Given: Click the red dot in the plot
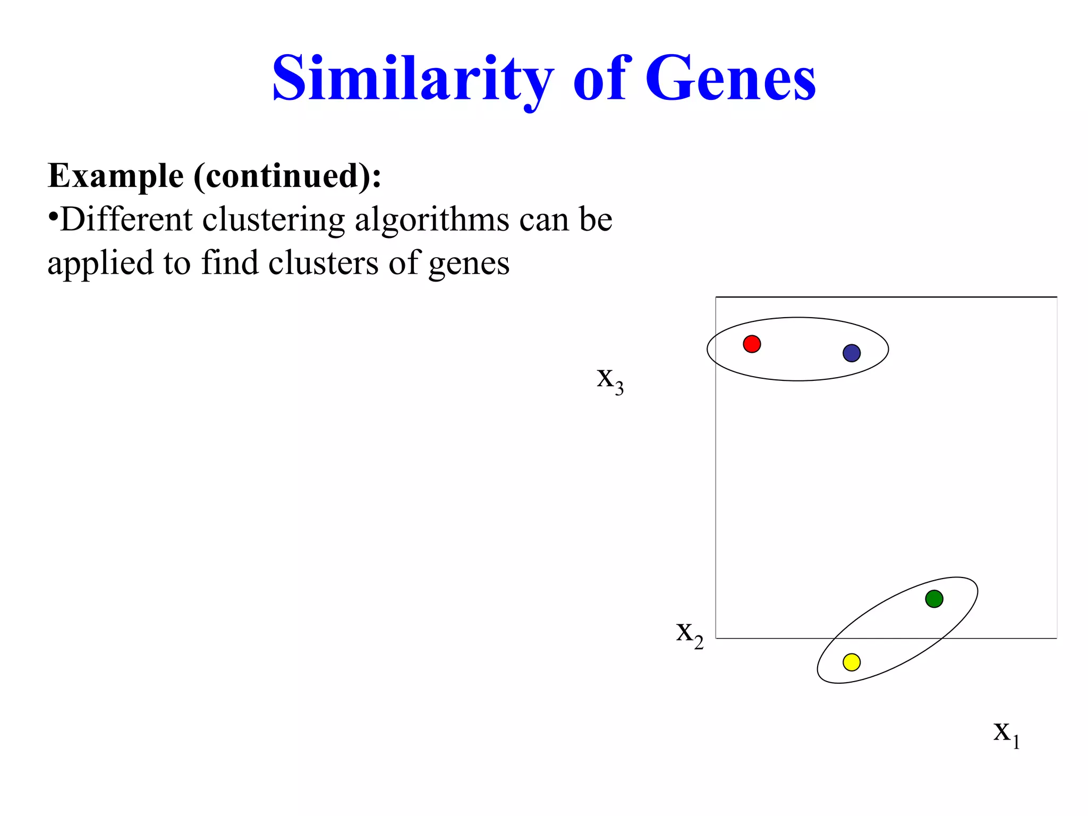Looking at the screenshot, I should click(x=752, y=344).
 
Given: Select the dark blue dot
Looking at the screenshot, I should click(x=852, y=353).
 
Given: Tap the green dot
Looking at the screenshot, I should click(x=934, y=599).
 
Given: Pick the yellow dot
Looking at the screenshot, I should click(x=852, y=662).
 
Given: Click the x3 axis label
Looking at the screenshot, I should click(x=610, y=380).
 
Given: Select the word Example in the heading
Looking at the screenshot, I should click(x=115, y=176).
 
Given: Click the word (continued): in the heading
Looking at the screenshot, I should click(x=287, y=176).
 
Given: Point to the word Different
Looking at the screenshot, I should click(x=126, y=219).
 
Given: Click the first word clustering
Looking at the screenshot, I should click(x=273, y=220).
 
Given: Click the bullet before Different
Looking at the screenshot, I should click(x=53, y=218).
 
